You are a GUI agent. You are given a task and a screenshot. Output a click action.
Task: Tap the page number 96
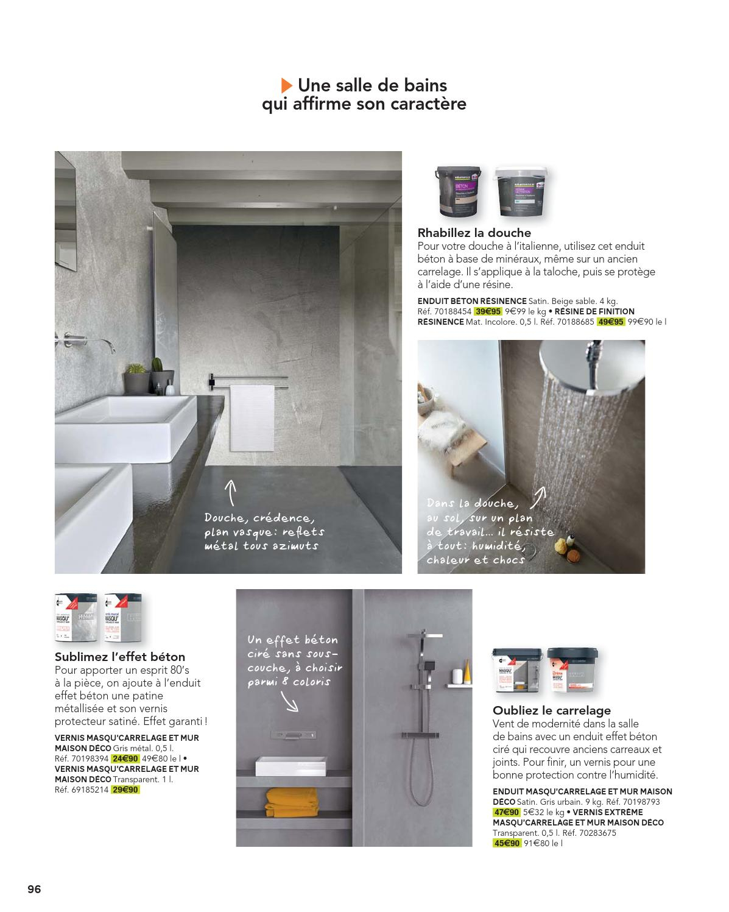[34, 872]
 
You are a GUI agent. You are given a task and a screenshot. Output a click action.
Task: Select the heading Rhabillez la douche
[474, 233]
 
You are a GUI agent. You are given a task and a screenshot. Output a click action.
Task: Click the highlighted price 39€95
[488, 311]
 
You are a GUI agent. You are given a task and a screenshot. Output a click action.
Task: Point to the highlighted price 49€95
[611, 321]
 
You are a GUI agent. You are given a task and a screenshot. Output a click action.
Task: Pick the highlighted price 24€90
[125, 758]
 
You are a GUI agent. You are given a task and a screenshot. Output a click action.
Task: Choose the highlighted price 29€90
[125, 790]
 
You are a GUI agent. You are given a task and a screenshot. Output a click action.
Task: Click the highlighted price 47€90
[506, 812]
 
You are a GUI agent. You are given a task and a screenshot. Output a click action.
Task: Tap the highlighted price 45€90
[506, 843]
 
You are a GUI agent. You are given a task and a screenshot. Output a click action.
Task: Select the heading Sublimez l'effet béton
[120, 657]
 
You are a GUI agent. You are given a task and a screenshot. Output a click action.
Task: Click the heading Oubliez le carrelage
[551, 710]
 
